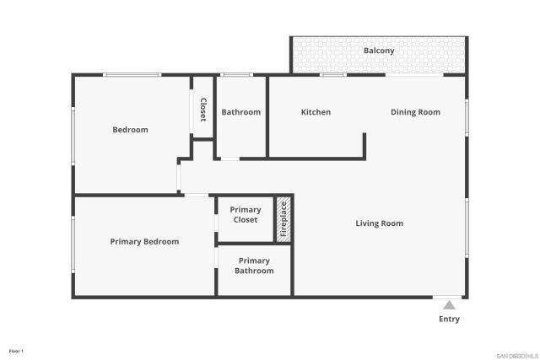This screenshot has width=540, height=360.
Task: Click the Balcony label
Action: click(379, 51)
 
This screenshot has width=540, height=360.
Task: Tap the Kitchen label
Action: click(316, 112)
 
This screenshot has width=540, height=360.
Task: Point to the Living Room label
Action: click(379, 223)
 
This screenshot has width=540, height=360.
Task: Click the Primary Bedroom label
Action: click(144, 241)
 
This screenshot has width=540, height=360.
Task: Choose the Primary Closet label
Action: click(246, 215)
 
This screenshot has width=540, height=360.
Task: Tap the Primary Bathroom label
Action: click(254, 266)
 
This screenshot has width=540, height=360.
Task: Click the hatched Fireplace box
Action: click(284, 219)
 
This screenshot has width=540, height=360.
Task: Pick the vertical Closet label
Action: click(203, 110)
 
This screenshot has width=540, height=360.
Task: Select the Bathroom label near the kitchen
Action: click(240, 112)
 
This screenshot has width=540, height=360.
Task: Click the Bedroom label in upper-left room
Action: click(131, 130)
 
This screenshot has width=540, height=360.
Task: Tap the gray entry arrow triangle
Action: click(450, 305)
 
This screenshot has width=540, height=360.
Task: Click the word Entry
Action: click(450, 320)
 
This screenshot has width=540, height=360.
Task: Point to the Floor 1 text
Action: click(16, 350)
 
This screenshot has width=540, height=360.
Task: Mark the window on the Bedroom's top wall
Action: click(132, 75)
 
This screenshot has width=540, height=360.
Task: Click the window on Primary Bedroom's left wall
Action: click(73, 244)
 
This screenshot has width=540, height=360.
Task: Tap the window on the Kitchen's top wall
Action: click(333, 75)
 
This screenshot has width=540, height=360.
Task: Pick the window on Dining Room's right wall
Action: click(466, 118)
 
